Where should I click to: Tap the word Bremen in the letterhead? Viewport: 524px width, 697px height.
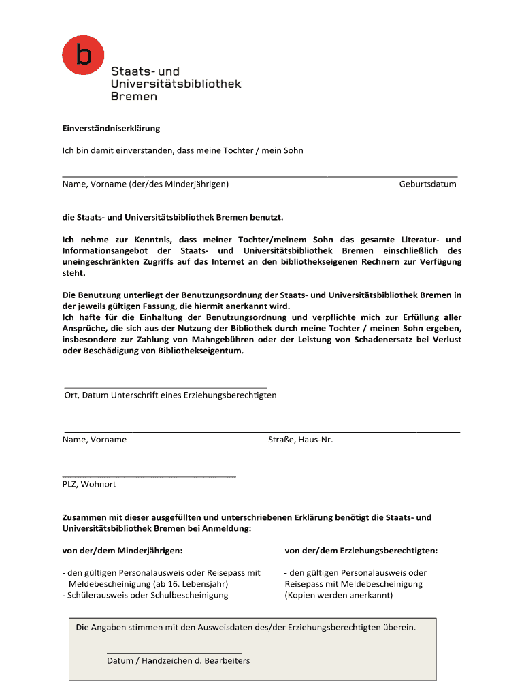point(134,97)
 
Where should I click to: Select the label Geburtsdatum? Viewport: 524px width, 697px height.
point(427,184)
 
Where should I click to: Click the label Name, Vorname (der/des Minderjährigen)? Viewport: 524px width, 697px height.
point(146,184)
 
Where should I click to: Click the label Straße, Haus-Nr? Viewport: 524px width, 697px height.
point(301,439)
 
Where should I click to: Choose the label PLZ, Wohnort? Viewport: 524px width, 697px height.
point(89,484)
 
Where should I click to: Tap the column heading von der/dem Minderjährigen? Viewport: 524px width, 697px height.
point(122,550)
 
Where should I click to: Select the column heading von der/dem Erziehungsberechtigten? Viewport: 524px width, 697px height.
point(361,550)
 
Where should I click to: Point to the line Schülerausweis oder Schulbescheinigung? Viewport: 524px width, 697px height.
point(146,595)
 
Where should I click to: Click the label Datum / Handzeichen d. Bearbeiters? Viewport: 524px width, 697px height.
point(178,660)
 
